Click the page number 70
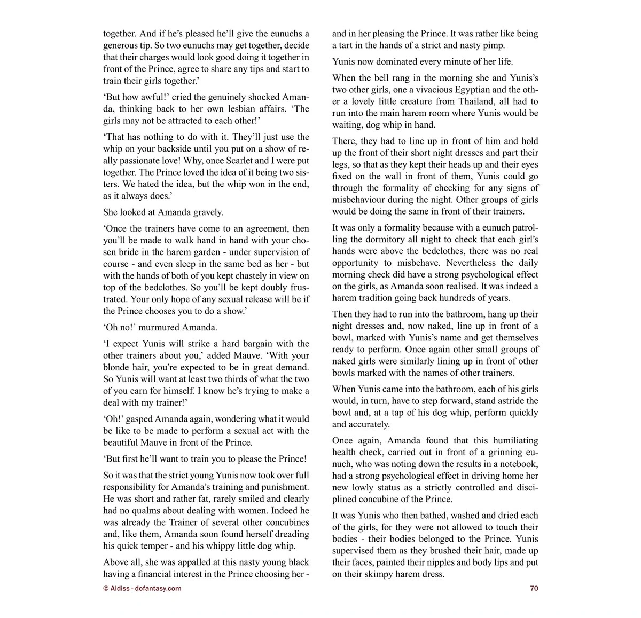pos(534,588)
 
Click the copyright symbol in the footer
pos(106,588)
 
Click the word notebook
pos(517,464)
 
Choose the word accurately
pos(369,424)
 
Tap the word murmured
pos(159,327)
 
